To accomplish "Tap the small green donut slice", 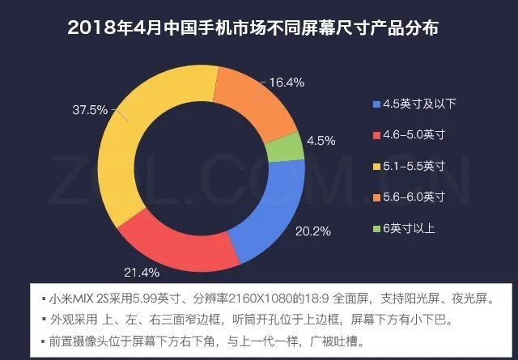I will [285, 148].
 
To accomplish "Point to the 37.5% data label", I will [90, 110].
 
